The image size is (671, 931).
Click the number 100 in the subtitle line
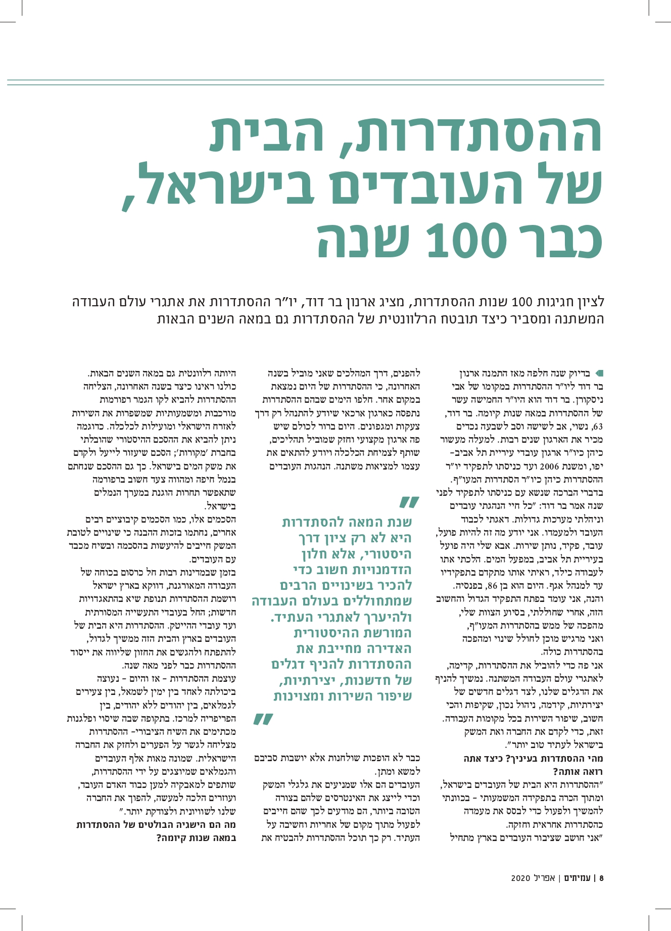pos(521,303)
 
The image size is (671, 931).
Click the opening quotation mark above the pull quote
pos(410,502)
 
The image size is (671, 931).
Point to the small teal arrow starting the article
pos(600,373)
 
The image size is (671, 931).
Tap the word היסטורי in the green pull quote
pos(379,554)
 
